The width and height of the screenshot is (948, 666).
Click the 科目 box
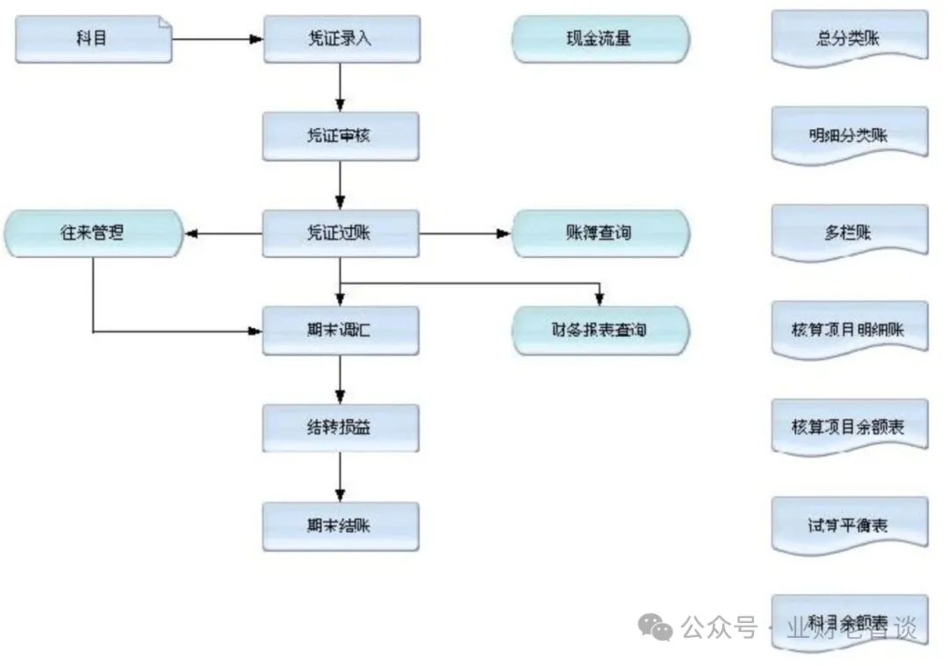(x=93, y=39)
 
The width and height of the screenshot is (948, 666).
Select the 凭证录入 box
(x=341, y=39)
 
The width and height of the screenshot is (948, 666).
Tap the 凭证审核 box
(x=341, y=136)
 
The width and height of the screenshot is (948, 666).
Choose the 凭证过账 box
(x=341, y=233)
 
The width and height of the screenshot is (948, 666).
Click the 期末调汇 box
(x=341, y=331)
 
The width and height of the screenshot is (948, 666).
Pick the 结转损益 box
(x=341, y=428)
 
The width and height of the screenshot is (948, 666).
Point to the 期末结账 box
(x=341, y=526)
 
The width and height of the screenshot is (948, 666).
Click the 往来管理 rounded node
(x=92, y=233)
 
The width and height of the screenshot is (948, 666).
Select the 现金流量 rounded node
(x=600, y=39)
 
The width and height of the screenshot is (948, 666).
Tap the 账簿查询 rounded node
(x=600, y=233)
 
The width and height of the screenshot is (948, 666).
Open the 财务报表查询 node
(x=600, y=331)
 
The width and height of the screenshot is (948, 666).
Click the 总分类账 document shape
(x=849, y=38)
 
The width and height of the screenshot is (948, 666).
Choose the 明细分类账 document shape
(x=849, y=135)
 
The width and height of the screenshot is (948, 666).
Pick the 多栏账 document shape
(x=849, y=233)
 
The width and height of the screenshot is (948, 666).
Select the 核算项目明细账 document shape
(x=849, y=330)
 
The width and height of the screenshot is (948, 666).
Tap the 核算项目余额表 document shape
(x=849, y=427)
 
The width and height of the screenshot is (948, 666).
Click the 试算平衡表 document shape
(x=849, y=525)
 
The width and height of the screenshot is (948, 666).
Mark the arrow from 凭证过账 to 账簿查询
(x=465, y=233)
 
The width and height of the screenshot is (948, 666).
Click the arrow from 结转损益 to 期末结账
(x=341, y=477)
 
